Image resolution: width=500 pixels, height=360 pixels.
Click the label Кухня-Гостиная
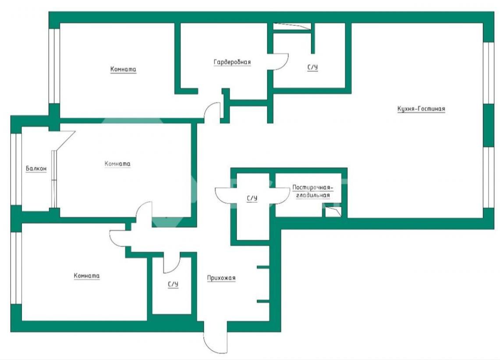[421, 109]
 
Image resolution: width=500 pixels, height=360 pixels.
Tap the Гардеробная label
[232, 62]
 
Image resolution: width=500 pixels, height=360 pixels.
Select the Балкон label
[36, 168]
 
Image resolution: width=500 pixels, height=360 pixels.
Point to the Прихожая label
[221, 278]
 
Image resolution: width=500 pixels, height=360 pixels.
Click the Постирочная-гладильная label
[312, 191]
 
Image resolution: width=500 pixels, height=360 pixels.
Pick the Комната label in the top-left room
[123, 69]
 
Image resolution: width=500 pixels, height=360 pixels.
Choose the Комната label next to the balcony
[117, 164]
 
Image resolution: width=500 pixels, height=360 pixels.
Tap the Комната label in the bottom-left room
[86, 275]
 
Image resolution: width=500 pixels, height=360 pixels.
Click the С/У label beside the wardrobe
[312, 67]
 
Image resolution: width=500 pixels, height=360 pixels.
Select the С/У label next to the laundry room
[252, 198]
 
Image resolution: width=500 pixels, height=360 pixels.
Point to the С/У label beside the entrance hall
[173, 284]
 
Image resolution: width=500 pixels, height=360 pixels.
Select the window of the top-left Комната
[54, 66]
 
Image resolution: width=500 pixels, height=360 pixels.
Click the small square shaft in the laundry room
[333, 212]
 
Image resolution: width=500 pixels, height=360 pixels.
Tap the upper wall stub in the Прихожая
[263, 267]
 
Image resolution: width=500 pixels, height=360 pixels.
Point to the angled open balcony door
[66, 141]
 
